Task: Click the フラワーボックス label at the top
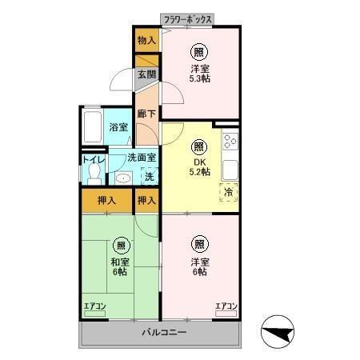187,19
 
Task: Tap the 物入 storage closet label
146,40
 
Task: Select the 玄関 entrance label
146,74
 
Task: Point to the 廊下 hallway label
146,114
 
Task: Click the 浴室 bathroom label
118,127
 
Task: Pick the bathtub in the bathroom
93,127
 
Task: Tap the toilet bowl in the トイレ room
94,174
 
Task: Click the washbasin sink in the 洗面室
123,178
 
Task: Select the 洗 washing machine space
150,176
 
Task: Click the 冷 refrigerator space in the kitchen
229,192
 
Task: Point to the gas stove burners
230,141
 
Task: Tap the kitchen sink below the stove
230,170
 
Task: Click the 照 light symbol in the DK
199,147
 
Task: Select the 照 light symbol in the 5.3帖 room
199,52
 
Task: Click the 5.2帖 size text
200,172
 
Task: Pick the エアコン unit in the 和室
95,310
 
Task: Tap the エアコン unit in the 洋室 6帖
226,310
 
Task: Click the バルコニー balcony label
164,332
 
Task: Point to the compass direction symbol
278,332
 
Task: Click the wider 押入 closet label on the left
106,200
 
